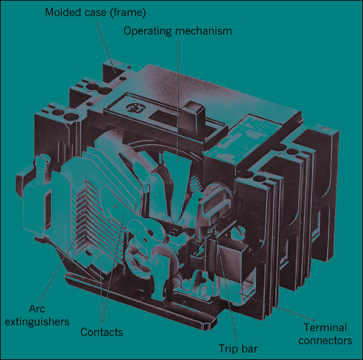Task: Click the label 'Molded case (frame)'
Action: (x=95, y=13)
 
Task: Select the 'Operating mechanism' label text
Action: (x=178, y=31)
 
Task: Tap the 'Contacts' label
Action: (x=101, y=332)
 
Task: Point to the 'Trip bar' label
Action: (x=238, y=349)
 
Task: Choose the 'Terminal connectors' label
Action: (x=325, y=334)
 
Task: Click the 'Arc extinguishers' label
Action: (x=37, y=315)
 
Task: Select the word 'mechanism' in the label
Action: (x=204, y=31)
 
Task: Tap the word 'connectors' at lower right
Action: (x=325, y=340)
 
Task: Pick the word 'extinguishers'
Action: (x=37, y=322)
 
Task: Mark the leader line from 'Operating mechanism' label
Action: (x=178, y=100)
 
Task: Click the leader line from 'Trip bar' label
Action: (x=225, y=281)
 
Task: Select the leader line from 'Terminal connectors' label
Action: (x=275, y=307)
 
